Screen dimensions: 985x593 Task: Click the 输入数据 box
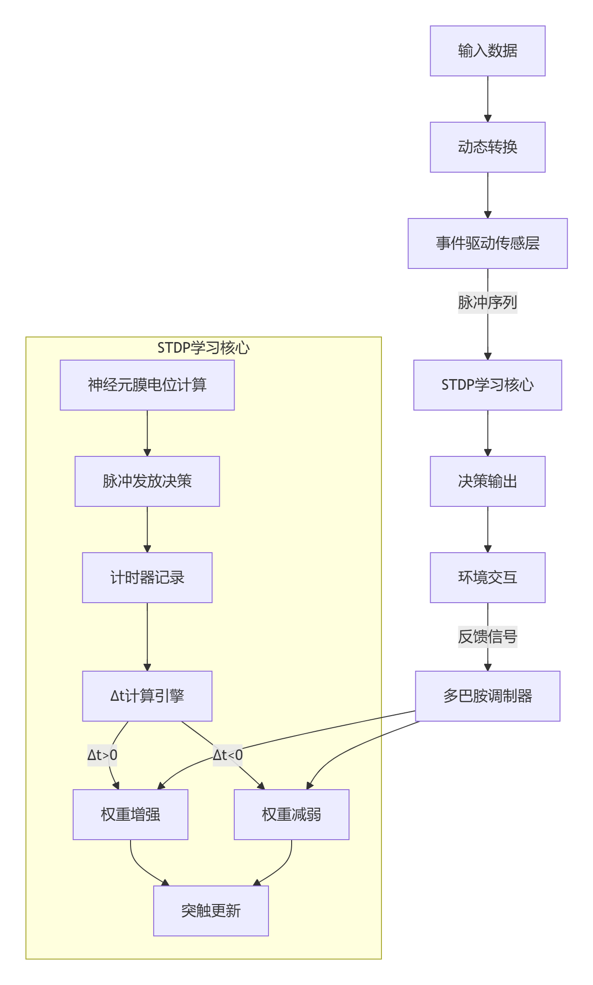(x=487, y=51)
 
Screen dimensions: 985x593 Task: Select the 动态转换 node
(x=487, y=147)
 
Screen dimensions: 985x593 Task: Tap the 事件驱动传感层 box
(x=487, y=243)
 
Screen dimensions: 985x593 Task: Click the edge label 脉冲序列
(x=487, y=303)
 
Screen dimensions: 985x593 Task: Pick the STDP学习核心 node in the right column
(x=487, y=385)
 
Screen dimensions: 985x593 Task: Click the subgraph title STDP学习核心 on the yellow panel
(x=203, y=348)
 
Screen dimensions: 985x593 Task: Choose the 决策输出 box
(x=487, y=481)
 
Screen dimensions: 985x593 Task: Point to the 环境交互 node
(x=487, y=578)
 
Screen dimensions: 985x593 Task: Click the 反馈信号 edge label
(x=487, y=637)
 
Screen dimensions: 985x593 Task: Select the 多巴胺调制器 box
(x=487, y=696)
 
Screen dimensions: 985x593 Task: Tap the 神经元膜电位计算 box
(x=147, y=385)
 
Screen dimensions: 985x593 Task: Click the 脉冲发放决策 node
(x=147, y=481)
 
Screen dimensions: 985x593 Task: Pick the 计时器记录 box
(x=147, y=578)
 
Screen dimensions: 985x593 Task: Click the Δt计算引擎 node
(x=147, y=696)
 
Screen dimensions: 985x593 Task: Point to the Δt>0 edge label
(x=102, y=755)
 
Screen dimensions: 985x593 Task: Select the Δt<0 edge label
(x=227, y=755)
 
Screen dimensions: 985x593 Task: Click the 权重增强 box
(x=131, y=815)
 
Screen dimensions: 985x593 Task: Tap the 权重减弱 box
(x=292, y=815)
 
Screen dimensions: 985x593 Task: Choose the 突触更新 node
(x=211, y=911)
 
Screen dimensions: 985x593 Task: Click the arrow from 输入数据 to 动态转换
(x=487, y=99)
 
